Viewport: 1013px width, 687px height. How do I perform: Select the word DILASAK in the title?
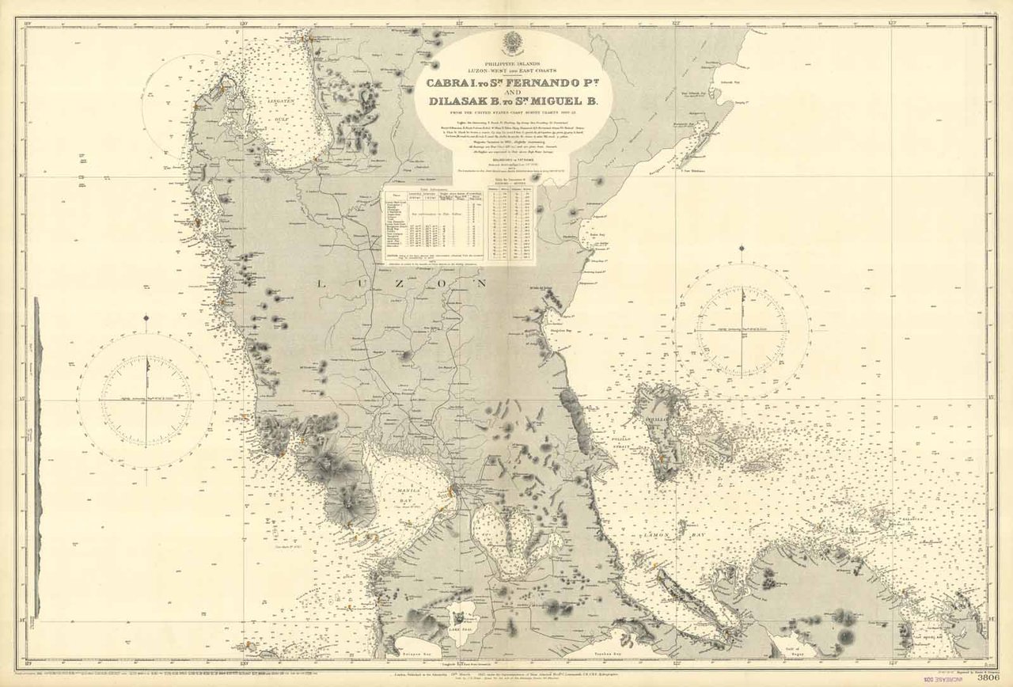click(463, 101)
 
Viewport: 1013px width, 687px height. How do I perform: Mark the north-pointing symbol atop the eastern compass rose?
click(742, 251)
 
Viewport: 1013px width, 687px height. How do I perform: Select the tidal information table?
click(434, 226)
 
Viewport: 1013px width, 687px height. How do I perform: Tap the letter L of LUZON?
click(321, 283)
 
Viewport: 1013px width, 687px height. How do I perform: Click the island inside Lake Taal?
click(459, 616)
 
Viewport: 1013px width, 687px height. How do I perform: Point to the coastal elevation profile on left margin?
click(36, 459)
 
